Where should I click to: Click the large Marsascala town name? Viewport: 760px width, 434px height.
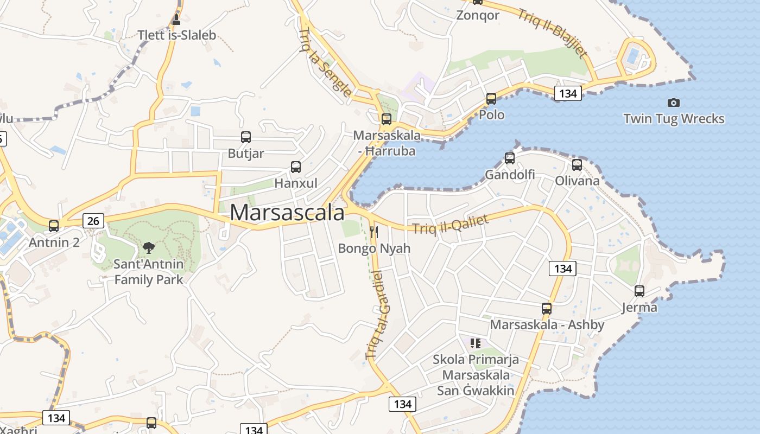(x=287, y=213)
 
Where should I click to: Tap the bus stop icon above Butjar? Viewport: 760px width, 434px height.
(x=246, y=137)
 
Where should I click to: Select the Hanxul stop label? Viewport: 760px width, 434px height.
(x=296, y=183)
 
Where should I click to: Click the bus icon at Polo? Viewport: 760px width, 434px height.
(x=491, y=99)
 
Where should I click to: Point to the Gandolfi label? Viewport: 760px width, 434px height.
(x=510, y=175)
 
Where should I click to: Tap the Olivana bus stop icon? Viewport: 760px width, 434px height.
(x=577, y=164)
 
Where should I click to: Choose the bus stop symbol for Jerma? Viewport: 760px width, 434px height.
(x=639, y=291)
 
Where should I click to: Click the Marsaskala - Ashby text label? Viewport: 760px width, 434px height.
(x=547, y=325)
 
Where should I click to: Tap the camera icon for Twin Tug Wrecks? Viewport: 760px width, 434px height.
(x=673, y=103)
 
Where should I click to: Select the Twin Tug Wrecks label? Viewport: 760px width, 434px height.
(x=674, y=119)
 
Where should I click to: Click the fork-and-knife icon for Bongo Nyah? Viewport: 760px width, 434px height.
(x=373, y=232)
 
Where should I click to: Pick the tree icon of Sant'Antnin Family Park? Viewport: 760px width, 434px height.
(x=148, y=248)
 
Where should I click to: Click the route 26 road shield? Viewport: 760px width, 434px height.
(x=93, y=221)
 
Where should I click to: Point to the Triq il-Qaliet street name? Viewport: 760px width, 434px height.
(x=451, y=224)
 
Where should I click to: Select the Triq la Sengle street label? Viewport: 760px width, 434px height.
(x=325, y=62)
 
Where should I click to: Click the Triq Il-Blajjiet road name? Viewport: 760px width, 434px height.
(x=552, y=34)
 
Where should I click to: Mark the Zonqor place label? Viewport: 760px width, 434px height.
(x=478, y=15)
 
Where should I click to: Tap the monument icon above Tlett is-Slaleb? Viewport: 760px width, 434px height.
(x=176, y=20)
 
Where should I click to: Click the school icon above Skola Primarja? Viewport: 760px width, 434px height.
(x=476, y=343)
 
